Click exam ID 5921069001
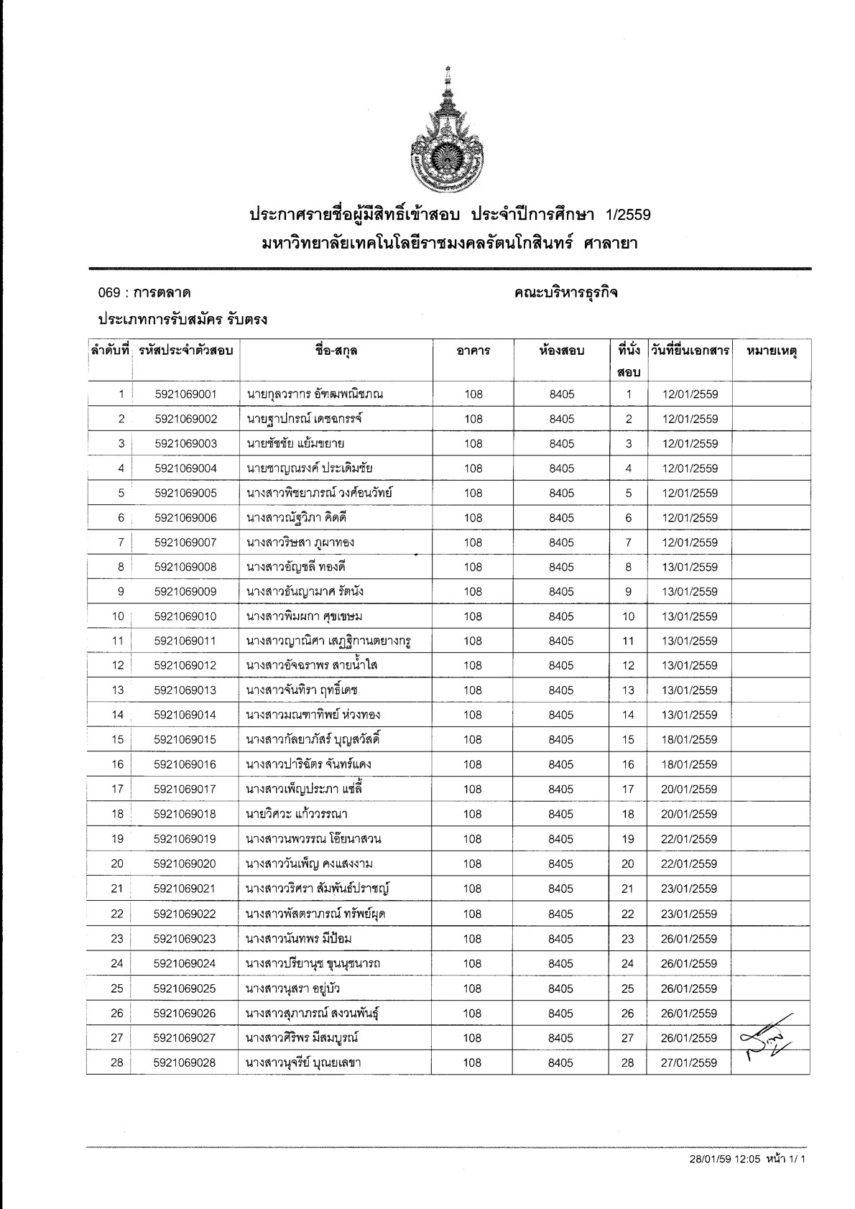coord(185,394)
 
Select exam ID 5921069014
coord(185,715)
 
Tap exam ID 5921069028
coord(185,1062)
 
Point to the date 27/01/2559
coord(689,1063)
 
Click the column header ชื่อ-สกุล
coord(336,351)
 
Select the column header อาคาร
coord(473,351)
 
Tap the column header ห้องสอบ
coord(561,351)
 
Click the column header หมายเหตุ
coord(772,351)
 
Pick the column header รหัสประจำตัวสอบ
coord(185,351)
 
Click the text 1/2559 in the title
coord(628,215)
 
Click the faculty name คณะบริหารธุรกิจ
coord(566,293)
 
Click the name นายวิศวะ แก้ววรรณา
coord(297,814)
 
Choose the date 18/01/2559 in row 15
coord(689,740)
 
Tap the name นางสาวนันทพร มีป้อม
coord(299,939)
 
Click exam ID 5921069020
coord(185,863)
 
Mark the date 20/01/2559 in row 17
coord(689,789)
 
